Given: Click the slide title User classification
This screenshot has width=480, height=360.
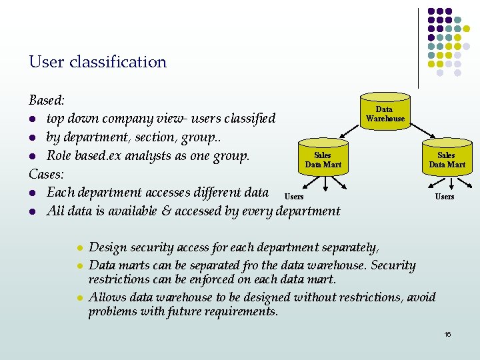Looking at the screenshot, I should (97, 62).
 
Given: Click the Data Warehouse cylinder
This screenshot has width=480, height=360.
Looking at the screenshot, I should (385, 113).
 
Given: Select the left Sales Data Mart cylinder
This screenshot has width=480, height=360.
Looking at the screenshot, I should (323, 159).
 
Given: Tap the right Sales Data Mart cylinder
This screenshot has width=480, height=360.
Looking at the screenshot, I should (447, 159).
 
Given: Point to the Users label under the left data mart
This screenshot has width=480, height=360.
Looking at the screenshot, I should (294, 197).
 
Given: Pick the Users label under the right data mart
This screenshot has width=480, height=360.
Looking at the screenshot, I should (445, 197).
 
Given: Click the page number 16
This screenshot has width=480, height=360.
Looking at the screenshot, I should (448, 334).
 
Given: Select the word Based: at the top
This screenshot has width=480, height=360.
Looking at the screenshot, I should (47, 101).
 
